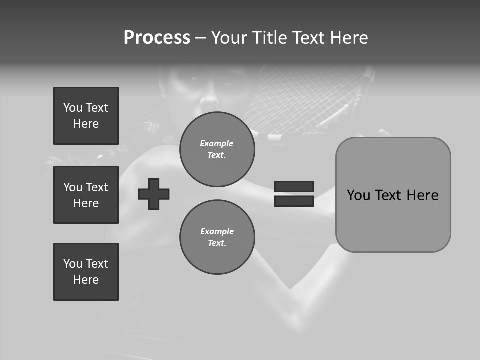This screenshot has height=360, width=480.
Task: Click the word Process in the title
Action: pyautogui.click(x=157, y=38)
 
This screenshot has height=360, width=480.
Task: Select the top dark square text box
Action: pyautogui.click(x=86, y=116)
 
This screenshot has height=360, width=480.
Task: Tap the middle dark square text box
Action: pyautogui.click(x=86, y=195)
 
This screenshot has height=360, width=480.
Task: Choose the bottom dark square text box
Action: pyautogui.click(x=86, y=272)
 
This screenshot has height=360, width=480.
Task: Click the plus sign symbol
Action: pyautogui.click(x=154, y=194)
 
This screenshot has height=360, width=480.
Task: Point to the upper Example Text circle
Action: pyautogui.click(x=217, y=149)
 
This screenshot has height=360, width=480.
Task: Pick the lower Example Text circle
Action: pyautogui.click(x=217, y=237)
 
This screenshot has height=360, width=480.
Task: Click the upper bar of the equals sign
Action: pyautogui.click(x=294, y=186)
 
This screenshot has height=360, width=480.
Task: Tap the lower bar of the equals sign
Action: pyautogui.click(x=294, y=201)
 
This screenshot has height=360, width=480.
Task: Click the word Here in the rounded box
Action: pyautogui.click(x=422, y=195)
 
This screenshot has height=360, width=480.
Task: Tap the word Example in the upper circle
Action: pyautogui.click(x=217, y=143)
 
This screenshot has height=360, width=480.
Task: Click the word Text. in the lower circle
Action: pyautogui.click(x=217, y=243)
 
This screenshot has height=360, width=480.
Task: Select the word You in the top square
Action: pyautogui.click(x=72, y=108)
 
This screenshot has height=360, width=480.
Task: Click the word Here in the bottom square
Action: pyautogui.click(x=86, y=280)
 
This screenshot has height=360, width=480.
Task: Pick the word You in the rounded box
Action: pyautogui.click(x=358, y=195)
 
